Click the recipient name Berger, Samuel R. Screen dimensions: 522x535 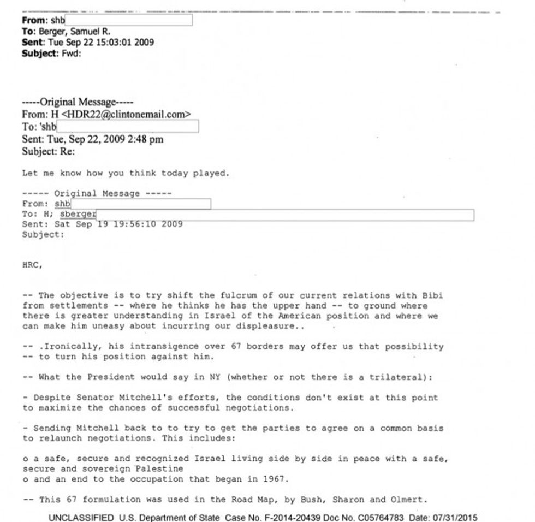[x=74, y=32]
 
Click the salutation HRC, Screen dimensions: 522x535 [x=32, y=265]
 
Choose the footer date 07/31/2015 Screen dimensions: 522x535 [x=457, y=517]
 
